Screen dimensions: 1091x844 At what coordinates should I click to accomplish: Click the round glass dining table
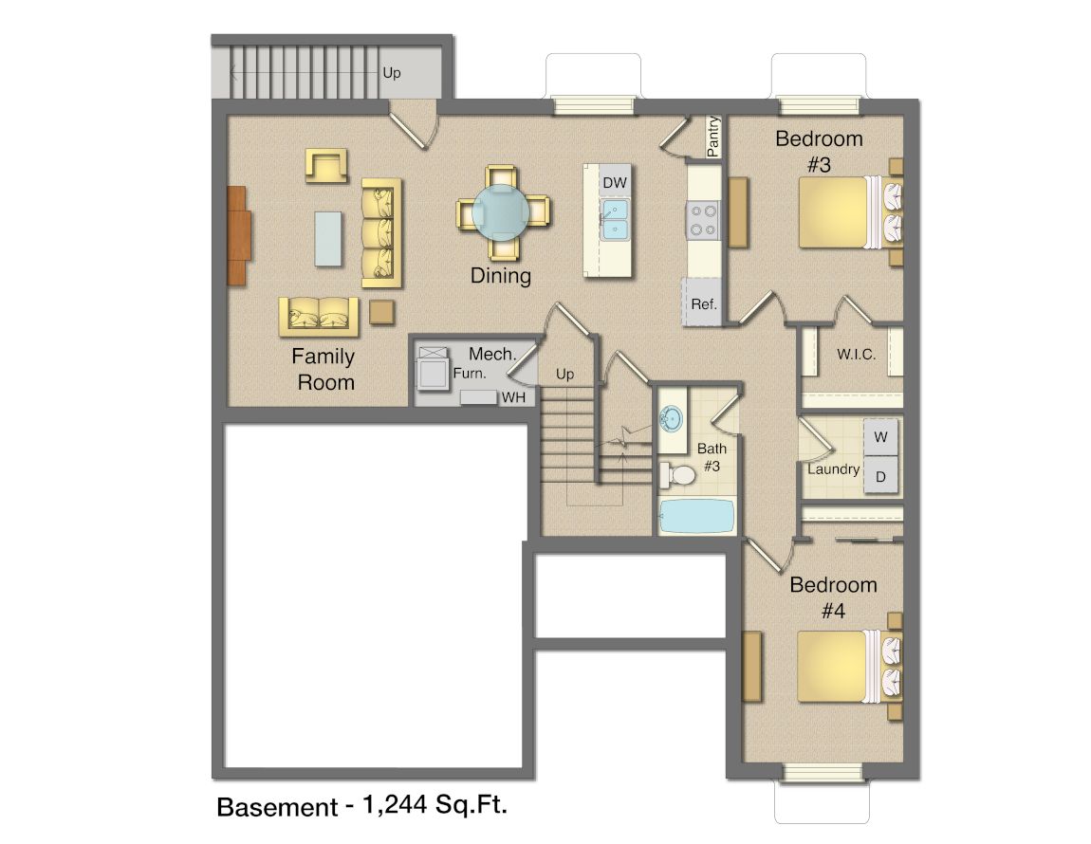pyautogui.click(x=501, y=213)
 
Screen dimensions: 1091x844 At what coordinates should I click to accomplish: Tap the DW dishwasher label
pyautogui.click(x=615, y=183)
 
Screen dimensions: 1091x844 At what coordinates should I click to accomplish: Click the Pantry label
pyautogui.click(x=712, y=137)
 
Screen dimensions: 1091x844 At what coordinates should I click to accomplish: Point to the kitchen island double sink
pyautogui.click(x=615, y=220)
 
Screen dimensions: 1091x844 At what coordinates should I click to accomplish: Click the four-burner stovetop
pyautogui.click(x=703, y=220)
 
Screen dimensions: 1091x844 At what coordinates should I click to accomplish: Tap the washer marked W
pyautogui.click(x=881, y=437)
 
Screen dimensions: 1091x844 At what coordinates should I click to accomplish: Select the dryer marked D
pyautogui.click(x=881, y=477)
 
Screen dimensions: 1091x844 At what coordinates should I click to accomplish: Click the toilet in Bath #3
pyautogui.click(x=677, y=475)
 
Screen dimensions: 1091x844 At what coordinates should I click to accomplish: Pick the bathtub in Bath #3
pyautogui.click(x=696, y=516)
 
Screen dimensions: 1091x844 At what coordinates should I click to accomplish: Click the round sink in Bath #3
pyautogui.click(x=672, y=419)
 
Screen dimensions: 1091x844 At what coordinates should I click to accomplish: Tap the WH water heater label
pyautogui.click(x=513, y=397)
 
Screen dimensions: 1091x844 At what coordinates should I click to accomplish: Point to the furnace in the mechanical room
pyautogui.click(x=432, y=368)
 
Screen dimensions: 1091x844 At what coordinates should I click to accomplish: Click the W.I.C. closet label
pyautogui.click(x=856, y=354)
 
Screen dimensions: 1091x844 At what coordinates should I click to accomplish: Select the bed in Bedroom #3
pyautogui.click(x=850, y=212)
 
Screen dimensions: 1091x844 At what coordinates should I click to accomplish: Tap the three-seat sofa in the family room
pyautogui.click(x=382, y=232)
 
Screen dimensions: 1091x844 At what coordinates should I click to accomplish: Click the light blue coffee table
pyautogui.click(x=328, y=239)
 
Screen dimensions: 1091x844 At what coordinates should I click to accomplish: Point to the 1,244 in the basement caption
pyautogui.click(x=395, y=805)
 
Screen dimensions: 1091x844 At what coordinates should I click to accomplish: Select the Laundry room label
pyautogui.click(x=833, y=469)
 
